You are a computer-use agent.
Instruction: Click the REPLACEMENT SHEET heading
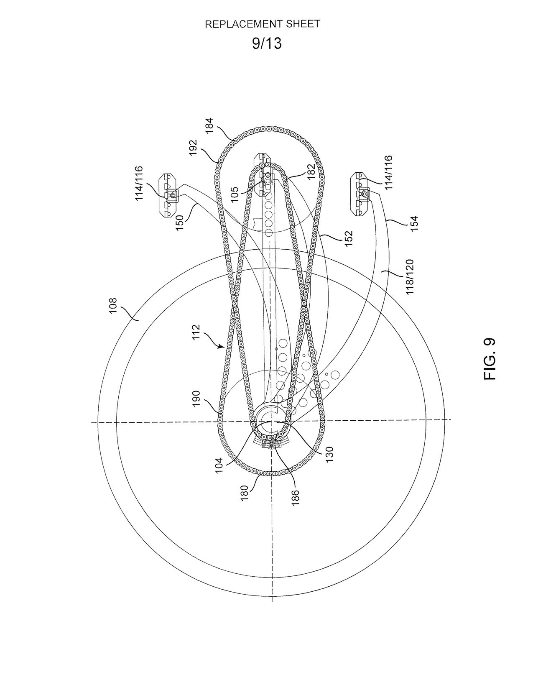click(x=262, y=24)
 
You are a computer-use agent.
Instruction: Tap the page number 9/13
click(x=267, y=43)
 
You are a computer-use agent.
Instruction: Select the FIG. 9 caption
click(x=489, y=359)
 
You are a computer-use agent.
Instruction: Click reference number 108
click(x=113, y=306)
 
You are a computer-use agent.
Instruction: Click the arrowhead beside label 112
click(x=220, y=347)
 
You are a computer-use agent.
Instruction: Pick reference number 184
click(x=210, y=126)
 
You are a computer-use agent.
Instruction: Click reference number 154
click(x=414, y=224)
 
